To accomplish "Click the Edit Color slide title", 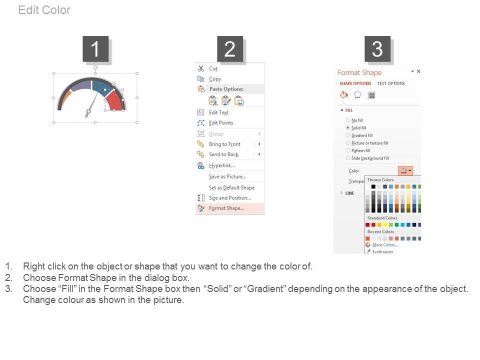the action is (44, 10).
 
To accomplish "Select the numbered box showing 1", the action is (95, 49).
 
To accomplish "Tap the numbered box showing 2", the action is (230, 49).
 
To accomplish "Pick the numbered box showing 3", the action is (377, 49).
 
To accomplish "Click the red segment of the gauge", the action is (115, 101).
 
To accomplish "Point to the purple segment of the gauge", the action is (81, 85).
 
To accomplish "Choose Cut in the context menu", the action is (213, 69).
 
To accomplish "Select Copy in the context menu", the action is (215, 79).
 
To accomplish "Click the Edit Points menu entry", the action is (221, 123).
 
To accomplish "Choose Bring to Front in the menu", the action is (224, 144).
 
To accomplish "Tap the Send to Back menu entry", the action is (223, 154).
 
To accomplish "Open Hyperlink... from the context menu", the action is (222, 165).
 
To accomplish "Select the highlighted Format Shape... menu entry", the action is (226, 208).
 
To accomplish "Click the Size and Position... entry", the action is (230, 198).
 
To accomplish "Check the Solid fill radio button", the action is (348, 127).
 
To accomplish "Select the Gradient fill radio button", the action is (348, 135).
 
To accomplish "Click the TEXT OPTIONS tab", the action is (391, 83).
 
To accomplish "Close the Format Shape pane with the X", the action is (418, 71).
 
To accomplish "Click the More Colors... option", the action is (385, 245).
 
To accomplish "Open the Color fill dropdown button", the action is (405, 170).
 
